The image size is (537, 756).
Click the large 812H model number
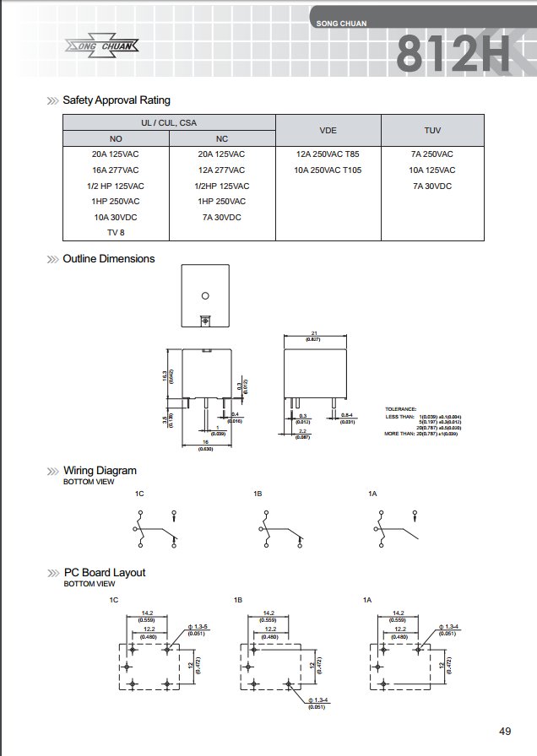point(453,55)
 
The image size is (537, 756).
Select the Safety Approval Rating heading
point(117,100)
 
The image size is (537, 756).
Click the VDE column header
point(328,131)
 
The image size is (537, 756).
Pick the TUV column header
point(432,131)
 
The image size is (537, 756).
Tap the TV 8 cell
point(116,232)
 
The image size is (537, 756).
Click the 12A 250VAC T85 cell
point(328,154)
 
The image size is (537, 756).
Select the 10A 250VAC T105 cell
point(328,170)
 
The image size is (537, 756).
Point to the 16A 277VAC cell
point(116,170)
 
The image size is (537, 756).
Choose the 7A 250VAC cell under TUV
point(433,154)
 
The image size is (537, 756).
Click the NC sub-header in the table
point(222,139)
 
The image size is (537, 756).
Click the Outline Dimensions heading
point(109,259)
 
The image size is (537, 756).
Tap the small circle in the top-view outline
point(204,295)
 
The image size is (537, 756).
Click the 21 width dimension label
point(313,332)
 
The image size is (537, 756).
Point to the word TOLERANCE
point(402,408)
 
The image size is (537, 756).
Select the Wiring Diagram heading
point(100,471)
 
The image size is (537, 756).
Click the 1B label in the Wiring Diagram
point(258,492)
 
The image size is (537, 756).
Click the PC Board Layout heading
point(104,573)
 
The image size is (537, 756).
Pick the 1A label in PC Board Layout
point(367,599)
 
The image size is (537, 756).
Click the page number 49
point(505,731)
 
